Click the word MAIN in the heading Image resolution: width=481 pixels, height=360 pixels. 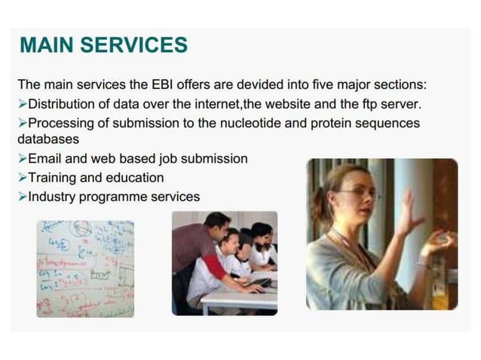pyautogui.click(x=47, y=45)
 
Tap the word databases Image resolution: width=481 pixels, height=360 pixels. pyautogui.click(x=48, y=139)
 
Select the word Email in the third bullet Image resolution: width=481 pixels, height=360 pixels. pyautogui.click(x=45, y=159)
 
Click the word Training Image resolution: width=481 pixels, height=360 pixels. pyautogui.click(x=54, y=178)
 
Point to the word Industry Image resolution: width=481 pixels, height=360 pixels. pyautogui.click(x=52, y=197)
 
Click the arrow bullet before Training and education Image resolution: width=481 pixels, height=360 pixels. pyautogui.click(x=22, y=178)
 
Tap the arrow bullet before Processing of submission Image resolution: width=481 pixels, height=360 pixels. pyautogui.click(x=22, y=122)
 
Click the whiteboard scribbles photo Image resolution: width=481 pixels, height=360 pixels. pyautogui.click(x=85, y=268)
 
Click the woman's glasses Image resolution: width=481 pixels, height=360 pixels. pyautogui.click(x=356, y=194)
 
